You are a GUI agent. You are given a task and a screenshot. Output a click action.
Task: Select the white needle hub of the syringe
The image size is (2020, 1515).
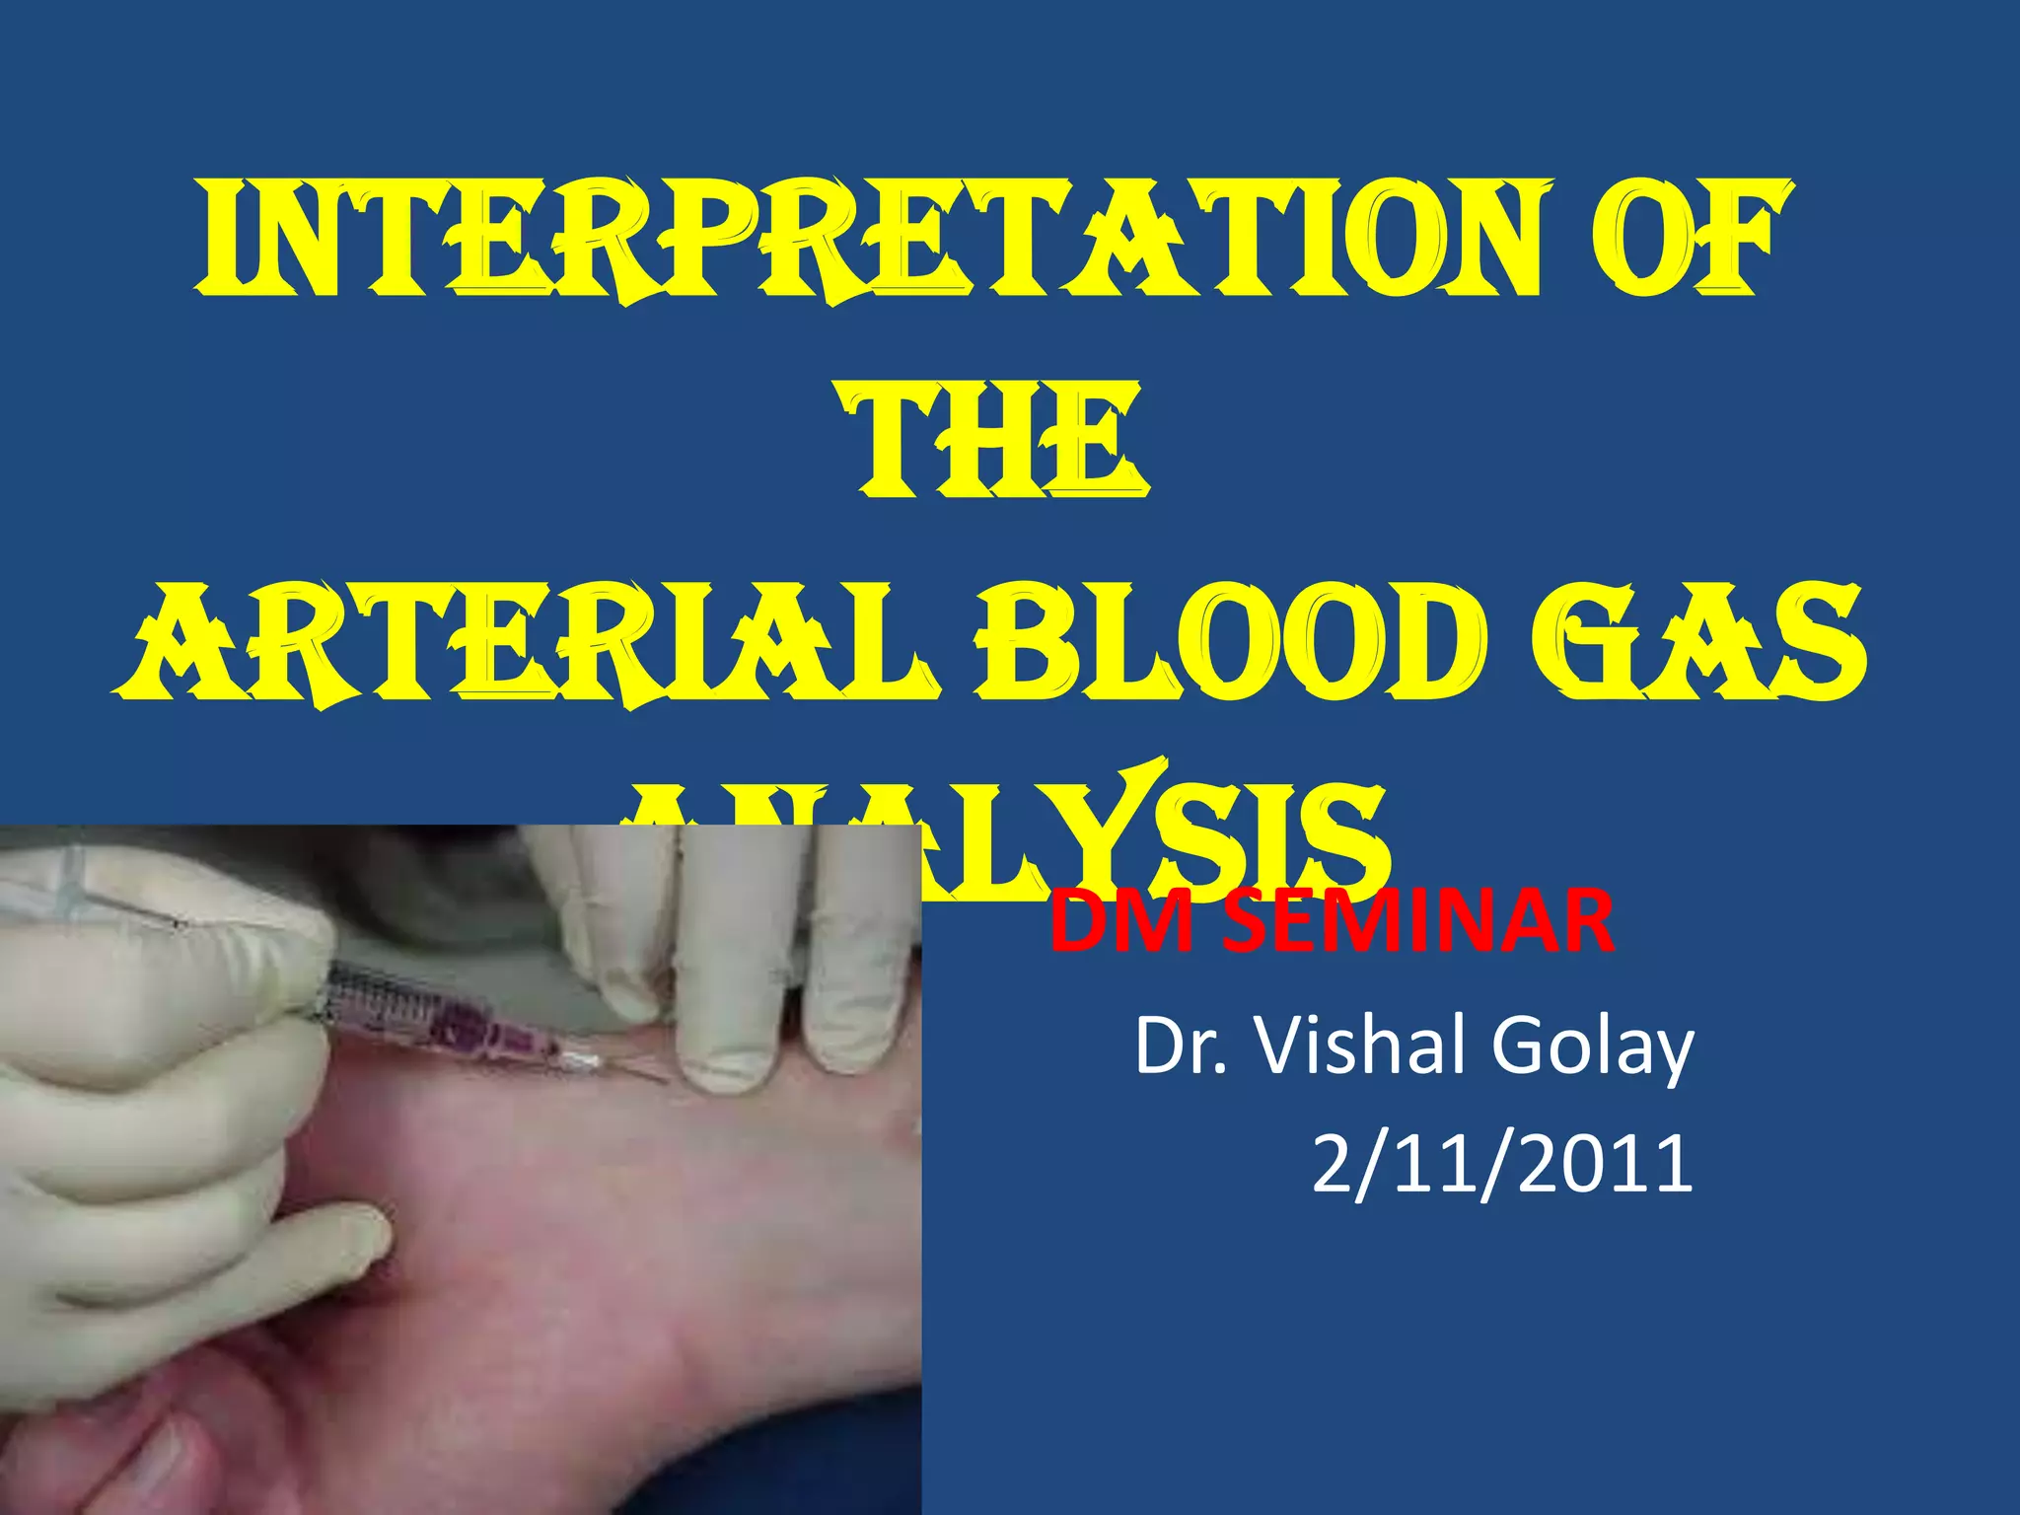(582, 1061)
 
